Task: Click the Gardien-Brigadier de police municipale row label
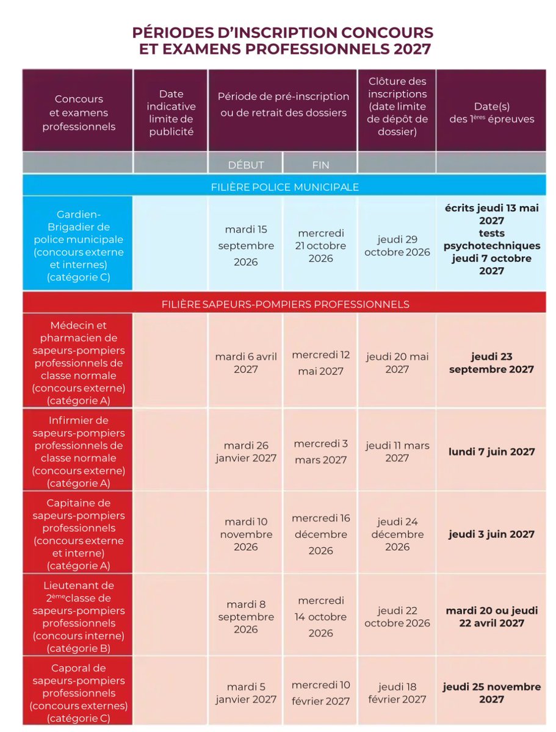(78, 243)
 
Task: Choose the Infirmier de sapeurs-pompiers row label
(78, 452)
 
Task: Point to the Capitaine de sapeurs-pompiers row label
(78, 534)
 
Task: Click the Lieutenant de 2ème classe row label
(78, 617)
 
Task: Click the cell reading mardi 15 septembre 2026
(245, 246)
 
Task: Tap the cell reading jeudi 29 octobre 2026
(397, 246)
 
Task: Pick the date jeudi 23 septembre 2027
(491, 363)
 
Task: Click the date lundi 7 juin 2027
(491, 452)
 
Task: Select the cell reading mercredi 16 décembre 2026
(320, 534)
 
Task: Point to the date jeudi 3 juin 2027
(491, 534)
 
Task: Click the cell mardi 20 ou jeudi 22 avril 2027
(491, 617)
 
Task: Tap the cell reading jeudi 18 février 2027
(397, 693)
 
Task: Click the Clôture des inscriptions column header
(397, 107)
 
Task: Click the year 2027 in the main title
(412, 49)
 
